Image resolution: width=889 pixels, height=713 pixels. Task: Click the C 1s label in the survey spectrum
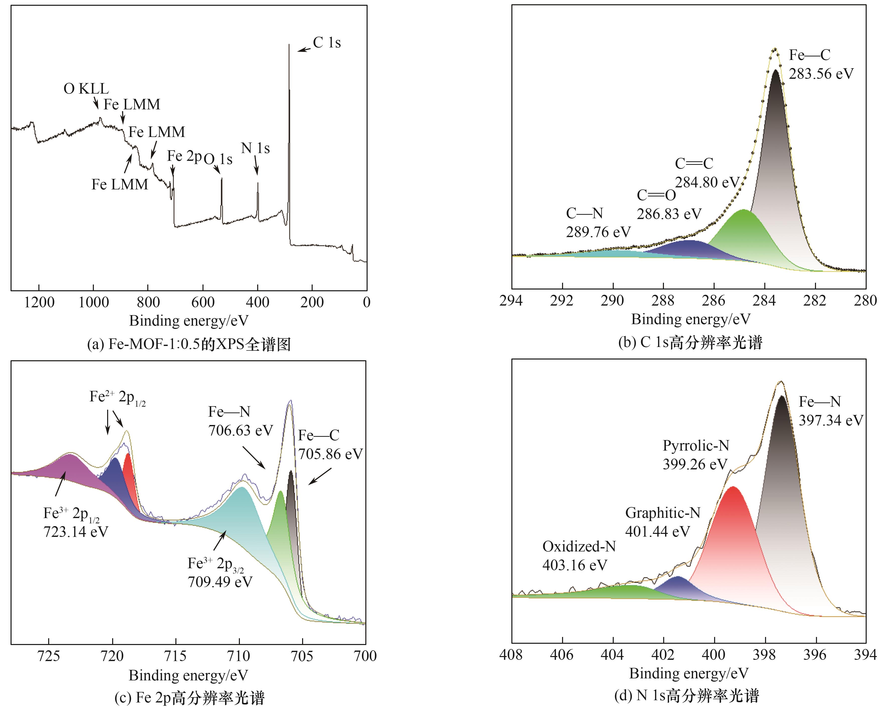point(327,42)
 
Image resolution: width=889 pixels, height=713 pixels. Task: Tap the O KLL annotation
point(86,89)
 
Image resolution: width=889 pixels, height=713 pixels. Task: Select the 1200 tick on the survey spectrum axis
point(39,302)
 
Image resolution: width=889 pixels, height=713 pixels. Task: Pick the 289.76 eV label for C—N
point(598,232)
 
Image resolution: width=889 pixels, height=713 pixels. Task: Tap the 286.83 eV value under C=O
point(669,214)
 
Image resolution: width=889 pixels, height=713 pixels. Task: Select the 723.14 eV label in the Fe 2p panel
point(76,532)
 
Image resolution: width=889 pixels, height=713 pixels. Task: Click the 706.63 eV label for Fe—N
point(240,430)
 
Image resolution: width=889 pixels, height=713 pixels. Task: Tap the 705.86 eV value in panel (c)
point(330,454)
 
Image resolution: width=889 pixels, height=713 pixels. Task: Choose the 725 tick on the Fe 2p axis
point(49,656)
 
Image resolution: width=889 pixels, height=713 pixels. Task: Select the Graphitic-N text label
point(662,513)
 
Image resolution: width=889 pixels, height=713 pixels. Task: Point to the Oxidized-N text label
point(579,546)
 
